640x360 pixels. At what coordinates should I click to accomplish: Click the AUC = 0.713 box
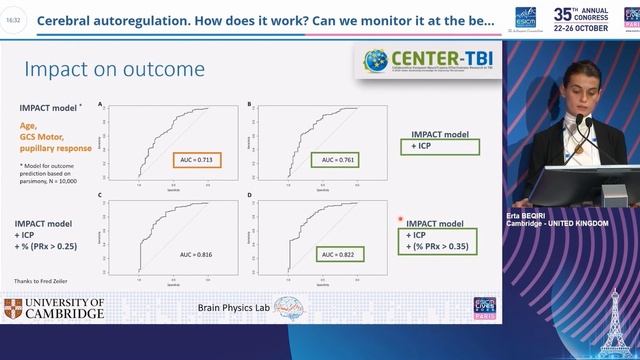click(196, 159)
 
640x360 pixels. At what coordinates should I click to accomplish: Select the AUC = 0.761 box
click(337, 159)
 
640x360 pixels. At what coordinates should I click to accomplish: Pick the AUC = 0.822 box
click(337, 256)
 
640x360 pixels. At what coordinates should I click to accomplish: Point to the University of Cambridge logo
click(55, 308)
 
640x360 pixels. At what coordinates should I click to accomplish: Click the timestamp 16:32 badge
click(12, 19)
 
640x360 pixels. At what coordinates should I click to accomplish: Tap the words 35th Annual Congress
click(592, 15)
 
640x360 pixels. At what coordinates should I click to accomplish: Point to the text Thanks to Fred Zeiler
click(45, 281)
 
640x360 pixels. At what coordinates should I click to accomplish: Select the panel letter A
click(100, 104)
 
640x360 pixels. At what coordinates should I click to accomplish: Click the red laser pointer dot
click(400, 218)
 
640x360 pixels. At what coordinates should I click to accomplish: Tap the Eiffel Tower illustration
click(617, 320)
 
